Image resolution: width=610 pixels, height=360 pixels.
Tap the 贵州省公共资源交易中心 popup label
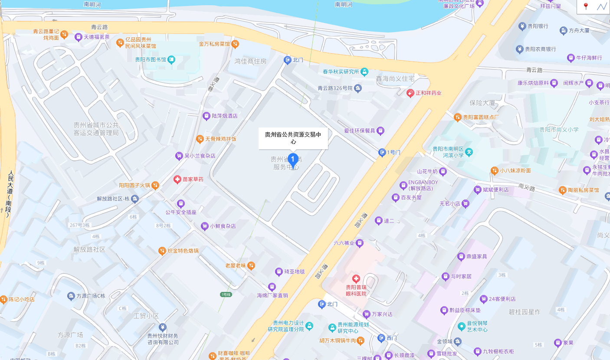click(293, 138)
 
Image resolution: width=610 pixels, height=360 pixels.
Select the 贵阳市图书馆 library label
click(150, 59)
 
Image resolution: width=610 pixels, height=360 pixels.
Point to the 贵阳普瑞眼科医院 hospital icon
click(356, 278)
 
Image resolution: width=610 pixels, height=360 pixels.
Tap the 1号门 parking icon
click(382, 152)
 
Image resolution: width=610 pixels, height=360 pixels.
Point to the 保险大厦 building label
click(482, 103)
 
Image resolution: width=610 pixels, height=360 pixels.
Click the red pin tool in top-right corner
click(586, 7)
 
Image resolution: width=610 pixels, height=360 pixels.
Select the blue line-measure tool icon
click(601, 7)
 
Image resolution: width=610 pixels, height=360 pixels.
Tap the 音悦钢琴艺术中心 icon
click(461, 326)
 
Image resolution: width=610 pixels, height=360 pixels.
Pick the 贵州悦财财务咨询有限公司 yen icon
click(162, 327)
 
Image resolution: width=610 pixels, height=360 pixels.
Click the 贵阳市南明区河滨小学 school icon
click(469, 152)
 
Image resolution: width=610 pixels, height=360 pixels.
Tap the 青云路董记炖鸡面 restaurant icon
click(64, 34)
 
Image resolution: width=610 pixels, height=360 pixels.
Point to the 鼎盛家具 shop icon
click(461, 256)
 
